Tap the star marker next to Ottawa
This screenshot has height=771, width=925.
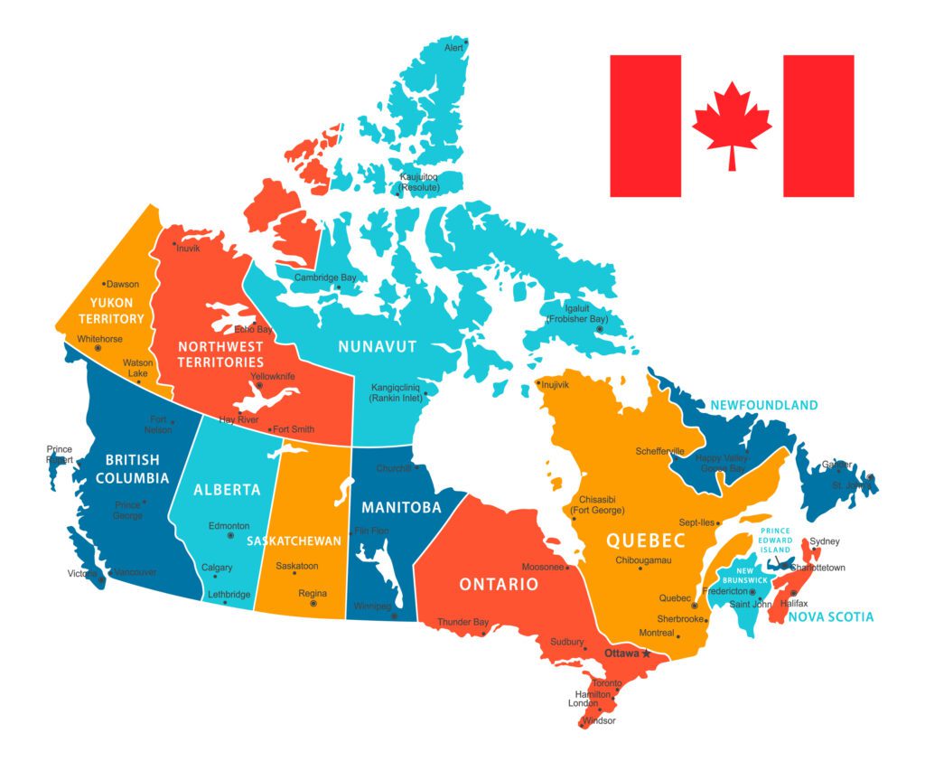(646, 653)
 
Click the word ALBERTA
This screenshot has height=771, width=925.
(227, 490)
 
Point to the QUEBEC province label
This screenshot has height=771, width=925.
(645, 541)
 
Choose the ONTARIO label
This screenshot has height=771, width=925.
(499, 584)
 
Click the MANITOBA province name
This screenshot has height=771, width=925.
(401, 507)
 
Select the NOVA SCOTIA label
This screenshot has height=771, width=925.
(830, 616)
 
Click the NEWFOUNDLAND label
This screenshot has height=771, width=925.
(763, 405)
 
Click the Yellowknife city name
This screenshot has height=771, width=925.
(273, 376)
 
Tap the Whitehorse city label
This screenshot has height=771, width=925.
(99, 339)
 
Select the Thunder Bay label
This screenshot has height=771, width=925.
(462, 622)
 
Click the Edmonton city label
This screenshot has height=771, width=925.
(229, 525)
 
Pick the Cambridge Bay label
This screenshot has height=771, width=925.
(325, 277)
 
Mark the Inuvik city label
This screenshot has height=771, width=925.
(188, 248)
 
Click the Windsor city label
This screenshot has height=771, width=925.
(598, 720)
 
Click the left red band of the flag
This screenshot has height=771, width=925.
(645, 126)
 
